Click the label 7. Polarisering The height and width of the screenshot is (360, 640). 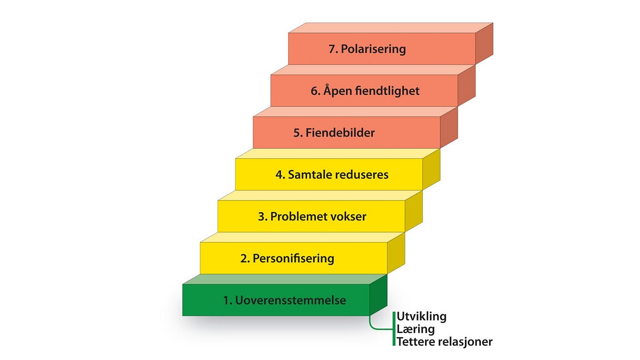pos(367,49)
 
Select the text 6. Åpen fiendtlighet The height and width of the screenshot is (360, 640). pos(365,91)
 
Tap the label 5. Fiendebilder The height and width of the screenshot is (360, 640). pos(334,133)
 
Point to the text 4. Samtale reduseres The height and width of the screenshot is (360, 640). pos(331,174)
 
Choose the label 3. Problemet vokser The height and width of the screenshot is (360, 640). pos(312,217)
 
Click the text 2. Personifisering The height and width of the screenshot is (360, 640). pos(287,259)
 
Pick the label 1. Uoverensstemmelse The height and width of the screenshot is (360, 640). pos(285,300)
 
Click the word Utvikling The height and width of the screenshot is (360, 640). pos(421,317)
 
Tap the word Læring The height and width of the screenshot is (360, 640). pos(415,330)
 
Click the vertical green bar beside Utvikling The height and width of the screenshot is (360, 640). pos(394,329)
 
